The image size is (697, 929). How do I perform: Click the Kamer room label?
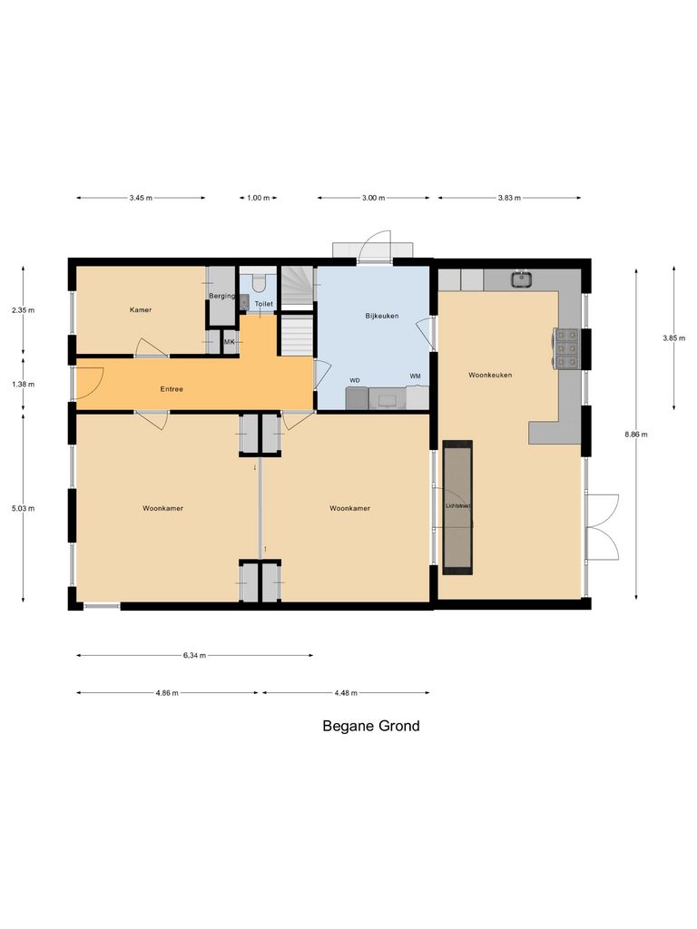pos(140,309)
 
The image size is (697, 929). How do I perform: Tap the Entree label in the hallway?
pos(172,389)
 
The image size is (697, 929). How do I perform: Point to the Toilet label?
pos(263,304)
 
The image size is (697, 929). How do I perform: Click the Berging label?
pos(221,297)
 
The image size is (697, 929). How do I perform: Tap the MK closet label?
pos(229,342)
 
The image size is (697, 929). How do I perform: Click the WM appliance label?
pos(415,376)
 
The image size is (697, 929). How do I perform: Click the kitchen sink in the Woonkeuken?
pos(521,279)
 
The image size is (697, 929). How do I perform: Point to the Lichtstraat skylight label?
pos(457,506)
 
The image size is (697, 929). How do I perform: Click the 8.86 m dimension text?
pos(636,435)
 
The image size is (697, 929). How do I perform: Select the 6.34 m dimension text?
pos(194,655)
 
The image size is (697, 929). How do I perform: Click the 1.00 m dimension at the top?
pos(259,198)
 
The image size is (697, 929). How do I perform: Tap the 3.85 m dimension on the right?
pos(673,337)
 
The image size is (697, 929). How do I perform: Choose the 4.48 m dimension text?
pos(346,693)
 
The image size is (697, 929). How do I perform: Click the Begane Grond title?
pos(371,726)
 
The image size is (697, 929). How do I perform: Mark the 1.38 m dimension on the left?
pos(24,384)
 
